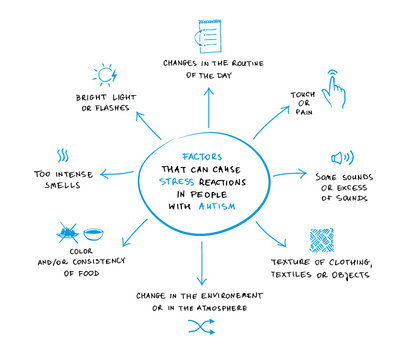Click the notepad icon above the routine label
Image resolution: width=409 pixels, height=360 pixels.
[x=207, y=34]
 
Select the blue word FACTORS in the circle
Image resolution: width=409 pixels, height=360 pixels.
[x=203, y=144]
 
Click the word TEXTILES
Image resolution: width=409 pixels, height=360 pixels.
[x=321, y=274]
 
